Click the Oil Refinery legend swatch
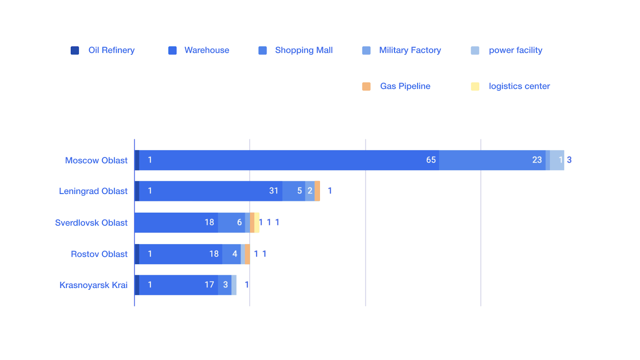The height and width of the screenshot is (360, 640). (75, 50)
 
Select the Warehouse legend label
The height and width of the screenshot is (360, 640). (206, 50)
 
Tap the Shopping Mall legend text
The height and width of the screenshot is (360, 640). (304, 50)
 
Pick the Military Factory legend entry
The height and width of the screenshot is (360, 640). (410, 50)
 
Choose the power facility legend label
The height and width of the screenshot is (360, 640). (515, 50)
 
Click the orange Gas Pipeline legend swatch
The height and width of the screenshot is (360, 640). (366, 86)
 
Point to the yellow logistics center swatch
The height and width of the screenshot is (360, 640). (475, 86)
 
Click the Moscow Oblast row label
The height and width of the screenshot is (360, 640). (96, 160)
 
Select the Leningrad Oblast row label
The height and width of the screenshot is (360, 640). (93, 191)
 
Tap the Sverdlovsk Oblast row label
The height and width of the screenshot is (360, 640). (91, 223)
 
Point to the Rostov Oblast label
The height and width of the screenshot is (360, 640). (99, 254)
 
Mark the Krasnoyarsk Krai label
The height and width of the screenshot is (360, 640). (93, 285)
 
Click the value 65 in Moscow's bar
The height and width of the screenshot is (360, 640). (431, 160)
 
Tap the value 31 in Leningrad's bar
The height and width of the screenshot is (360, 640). (274, 191)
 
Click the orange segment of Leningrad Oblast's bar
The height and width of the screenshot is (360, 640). (317, 191)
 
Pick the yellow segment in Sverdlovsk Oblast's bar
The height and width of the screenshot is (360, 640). (257, 222)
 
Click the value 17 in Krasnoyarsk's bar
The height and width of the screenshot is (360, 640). (209, 285)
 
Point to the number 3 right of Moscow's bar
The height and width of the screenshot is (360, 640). (569, 160)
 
